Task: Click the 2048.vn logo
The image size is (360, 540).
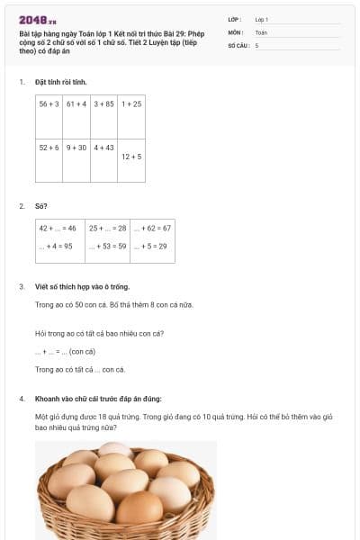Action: pyautogui.click(x=38, y=19)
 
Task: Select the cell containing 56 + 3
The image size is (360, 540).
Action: pyautogui.click(x=49, y=104)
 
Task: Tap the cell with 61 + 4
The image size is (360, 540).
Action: pyautogui.click(x=76, y=104)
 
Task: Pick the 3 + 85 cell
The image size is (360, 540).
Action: pyautogui.click(x=103, y=104)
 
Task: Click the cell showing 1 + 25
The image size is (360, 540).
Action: pyautogui.click(x=131, y=104)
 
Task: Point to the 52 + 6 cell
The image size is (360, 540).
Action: pyautogui.click(x=49, y=148)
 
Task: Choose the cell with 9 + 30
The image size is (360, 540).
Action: pyautogui.click(x=76, y=148)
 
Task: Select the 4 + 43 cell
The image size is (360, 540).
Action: pyautogui.click(x=103, y=148)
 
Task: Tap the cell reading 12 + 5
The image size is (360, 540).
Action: pyautogui.click(x=131, y=157)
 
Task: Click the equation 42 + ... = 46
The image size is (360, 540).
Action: pyautogui.click(x=58, y=229)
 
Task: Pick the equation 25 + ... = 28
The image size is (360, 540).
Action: pyautogui.click(x=107, y=229)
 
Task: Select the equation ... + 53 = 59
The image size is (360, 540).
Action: pyautogui.click(x=107, y=246)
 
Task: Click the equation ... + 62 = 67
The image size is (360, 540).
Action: pyautogui.click(x=152, y=229)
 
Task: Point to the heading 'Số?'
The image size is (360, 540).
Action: pyautogui.click(x=40, y=206)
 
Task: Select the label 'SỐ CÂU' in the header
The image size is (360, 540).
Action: pyautogui.click(x=238, y=45)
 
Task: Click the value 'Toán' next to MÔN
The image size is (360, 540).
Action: pyautogui.click(x=261, y=32)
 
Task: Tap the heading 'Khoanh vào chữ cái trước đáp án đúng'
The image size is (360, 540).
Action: pyautogui.click(x=98, y=398)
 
